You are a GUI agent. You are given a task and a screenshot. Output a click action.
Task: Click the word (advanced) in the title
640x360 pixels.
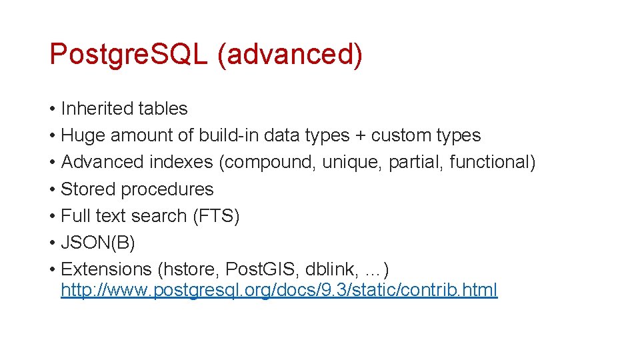[290, 54]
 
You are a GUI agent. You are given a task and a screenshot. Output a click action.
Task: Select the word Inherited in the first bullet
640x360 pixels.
[98, 109]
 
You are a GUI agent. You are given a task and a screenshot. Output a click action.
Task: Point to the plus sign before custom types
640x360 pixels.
[360, 135]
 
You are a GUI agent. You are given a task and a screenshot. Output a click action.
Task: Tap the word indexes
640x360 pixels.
[181, 162]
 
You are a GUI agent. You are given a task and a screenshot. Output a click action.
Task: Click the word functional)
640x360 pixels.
[493, 162]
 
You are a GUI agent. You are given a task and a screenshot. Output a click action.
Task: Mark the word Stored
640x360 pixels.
[83, 189]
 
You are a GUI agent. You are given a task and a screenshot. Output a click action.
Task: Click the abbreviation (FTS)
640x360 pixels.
[216, 216]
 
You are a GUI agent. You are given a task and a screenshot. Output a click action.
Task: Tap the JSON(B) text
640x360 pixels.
[98, 243]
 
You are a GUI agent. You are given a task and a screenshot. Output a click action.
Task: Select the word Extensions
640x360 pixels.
[107, 269]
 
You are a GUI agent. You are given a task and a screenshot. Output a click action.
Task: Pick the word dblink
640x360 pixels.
[330, 269]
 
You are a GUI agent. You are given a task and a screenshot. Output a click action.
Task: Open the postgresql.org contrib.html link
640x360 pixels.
[279, 291]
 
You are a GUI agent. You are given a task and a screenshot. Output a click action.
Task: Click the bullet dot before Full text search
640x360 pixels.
[52, 216]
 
